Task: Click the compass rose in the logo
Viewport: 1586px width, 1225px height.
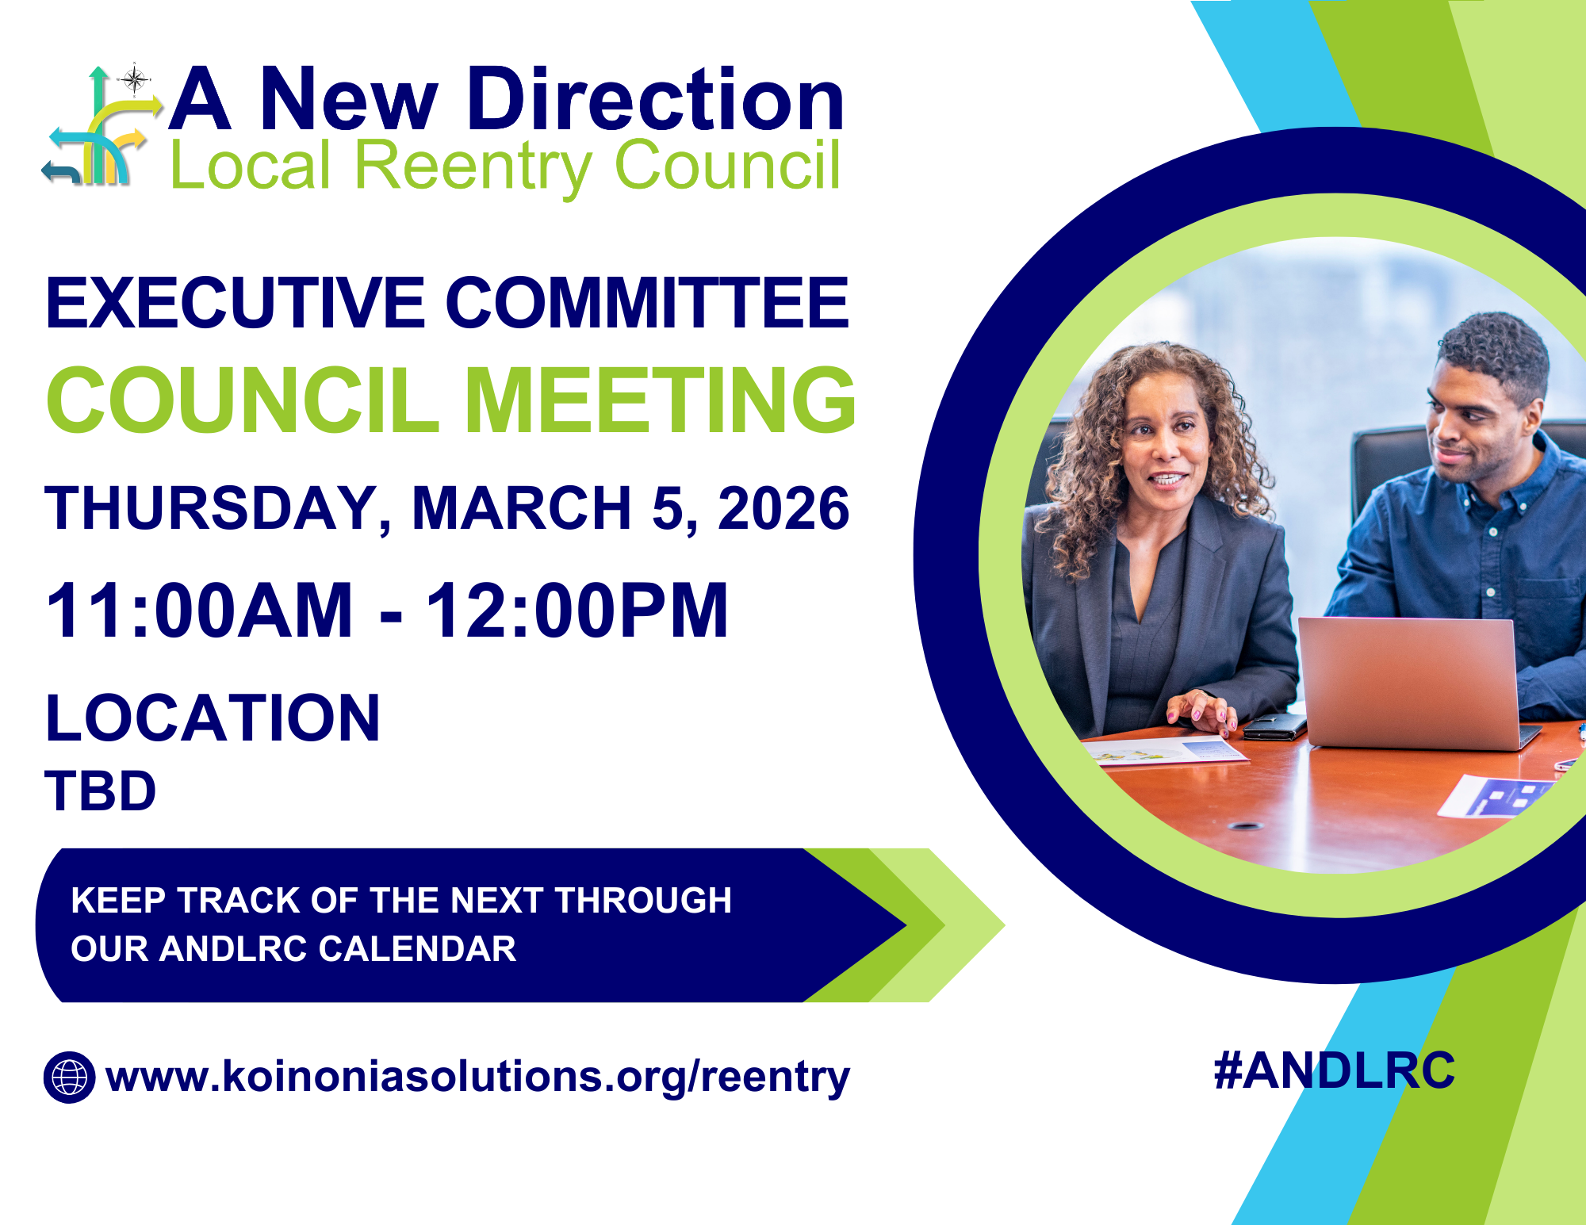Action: tap(135, 80)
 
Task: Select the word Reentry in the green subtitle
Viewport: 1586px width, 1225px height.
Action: tap(473, 166)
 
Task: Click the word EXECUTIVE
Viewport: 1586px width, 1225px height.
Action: tap(236, 303)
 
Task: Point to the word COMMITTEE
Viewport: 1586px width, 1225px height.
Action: tap(647, 303)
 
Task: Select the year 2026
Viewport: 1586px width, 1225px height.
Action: tap(783, 508)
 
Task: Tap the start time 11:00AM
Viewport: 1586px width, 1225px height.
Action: tap(199, 610)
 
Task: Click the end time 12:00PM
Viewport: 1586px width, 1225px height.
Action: tap(577, 610)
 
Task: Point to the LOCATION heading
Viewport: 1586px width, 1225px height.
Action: tap(213, 718)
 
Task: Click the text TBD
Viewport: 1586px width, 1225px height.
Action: tap(101, 791)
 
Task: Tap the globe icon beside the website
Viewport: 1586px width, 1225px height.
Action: tap(70, 1077)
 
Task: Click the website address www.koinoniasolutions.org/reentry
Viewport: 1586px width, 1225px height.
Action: tap(477, 1077)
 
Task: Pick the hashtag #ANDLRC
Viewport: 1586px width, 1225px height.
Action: tap(1335, 1070)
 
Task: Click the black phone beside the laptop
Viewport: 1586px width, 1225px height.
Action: tap(1274, 725)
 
